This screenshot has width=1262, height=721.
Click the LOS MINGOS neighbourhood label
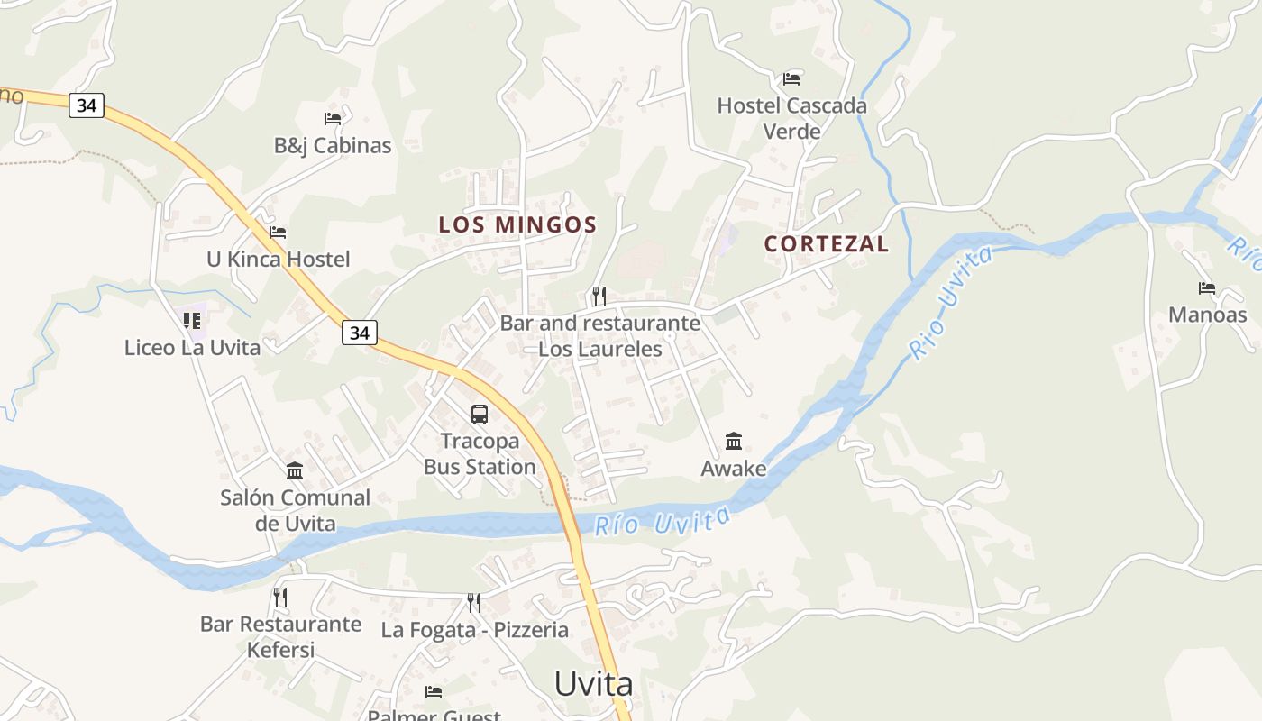pos(517,224)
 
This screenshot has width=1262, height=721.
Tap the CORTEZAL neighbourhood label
pos(826,243)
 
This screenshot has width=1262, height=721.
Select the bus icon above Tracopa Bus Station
pos(480,415)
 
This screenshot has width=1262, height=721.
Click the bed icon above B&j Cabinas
pos(333,118)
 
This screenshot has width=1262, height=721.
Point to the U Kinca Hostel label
pos(278,260)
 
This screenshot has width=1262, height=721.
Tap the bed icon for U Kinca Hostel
pos(278,233)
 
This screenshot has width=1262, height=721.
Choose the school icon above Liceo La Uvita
pos(192,320)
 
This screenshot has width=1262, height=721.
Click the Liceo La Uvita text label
pos(192,348)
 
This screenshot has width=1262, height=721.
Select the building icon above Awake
pos(734,442)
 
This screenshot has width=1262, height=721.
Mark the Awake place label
pos(734,469)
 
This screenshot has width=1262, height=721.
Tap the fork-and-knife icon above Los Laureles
pos(599,296)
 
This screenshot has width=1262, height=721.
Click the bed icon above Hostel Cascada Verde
pos(791,78)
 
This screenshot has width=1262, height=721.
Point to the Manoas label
pos(1207,315)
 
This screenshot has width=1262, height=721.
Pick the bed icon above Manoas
pos(1207,288)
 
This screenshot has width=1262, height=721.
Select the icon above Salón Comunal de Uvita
pos(295,470)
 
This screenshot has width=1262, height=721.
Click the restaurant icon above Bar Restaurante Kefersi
pos(280,597)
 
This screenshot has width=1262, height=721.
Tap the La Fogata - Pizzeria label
pos(474,630)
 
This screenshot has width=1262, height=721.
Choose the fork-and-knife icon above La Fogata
pos(473,602)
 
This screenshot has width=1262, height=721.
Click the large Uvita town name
pos(593,684)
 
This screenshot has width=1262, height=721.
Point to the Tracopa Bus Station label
pos(480,454)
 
